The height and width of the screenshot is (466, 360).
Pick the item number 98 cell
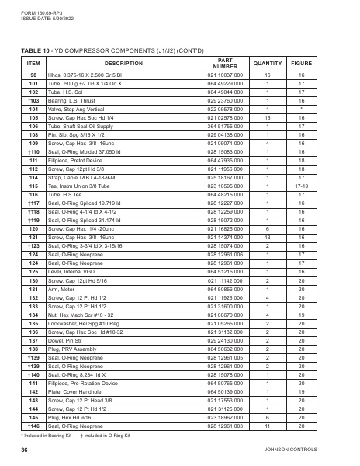point(33,75)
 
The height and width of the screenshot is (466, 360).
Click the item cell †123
point(33,246)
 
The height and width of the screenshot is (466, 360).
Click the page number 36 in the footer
point(25,449)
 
